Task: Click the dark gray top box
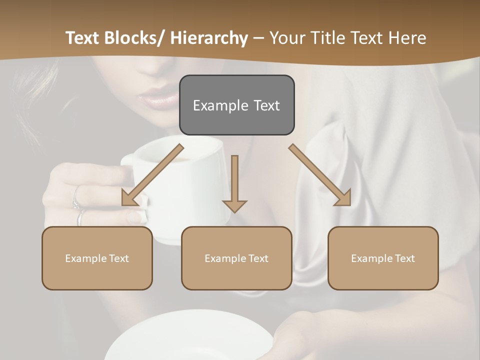coord(236,105)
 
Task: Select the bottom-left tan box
coord(97,258)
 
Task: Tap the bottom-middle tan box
coord(236,258)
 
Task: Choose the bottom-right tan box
coord(383,258)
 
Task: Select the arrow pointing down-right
coord(320,175)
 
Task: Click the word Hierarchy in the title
coord(209,38)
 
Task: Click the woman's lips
coord(159,98)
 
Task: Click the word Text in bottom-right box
coord(404,258)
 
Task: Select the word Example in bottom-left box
coord(85,258)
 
